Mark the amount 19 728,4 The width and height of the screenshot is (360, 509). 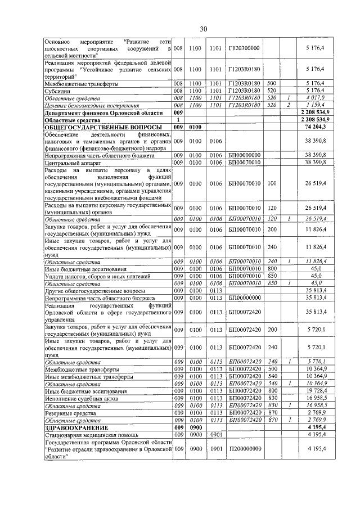315,390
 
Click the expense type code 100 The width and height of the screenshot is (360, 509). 272,183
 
